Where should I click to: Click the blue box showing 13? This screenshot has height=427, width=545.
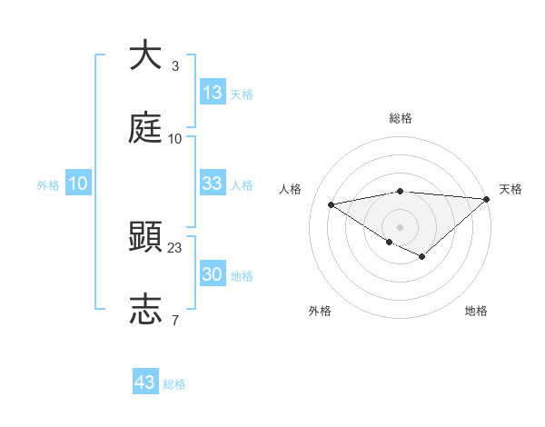pyautogui.click(x=213, y=93)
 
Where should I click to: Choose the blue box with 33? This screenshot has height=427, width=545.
pyautogui.click(x=213, y=184)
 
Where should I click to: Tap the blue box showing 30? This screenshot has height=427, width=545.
pyautogui.click(x=213, y=274)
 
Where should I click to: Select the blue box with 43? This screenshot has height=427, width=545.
pyautogui.click(x=145, y=382)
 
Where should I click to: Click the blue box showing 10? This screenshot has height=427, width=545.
pyautogui.click(x=78, y=184)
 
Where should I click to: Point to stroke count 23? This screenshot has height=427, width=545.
pyautogui.click(x=175, y=247)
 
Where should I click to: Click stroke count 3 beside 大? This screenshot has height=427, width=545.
pyautogui.click(x=175, y=66)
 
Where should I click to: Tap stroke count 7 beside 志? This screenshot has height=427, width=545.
pyautogui.click(x=175, y=320)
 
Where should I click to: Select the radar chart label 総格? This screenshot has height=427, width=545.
pyautogui.click(x=401, y=118)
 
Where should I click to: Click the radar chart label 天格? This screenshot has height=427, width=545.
pyautogui.click(x=510, y=189)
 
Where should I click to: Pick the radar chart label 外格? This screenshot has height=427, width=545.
pyautogui.click(x=320, y=311)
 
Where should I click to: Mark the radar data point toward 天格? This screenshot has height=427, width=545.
pyautogui.click(x=486, y=199)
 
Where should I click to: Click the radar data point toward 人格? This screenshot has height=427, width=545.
pyautogui.click(x=331, y=204)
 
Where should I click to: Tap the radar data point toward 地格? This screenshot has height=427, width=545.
pyautogui.click(x=421, y=257)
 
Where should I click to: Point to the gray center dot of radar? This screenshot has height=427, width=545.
pyautogui.click(x=400, y=226)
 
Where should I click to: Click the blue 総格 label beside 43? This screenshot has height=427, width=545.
pyautogui.click(x=174, y=383)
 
